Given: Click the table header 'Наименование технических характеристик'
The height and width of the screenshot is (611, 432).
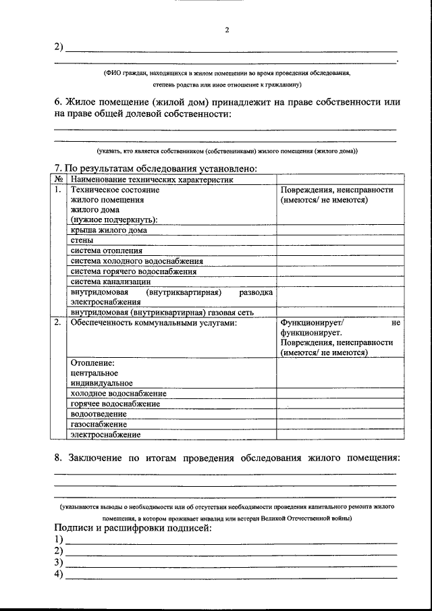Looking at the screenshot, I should pyautogui.click(x=151, y=180).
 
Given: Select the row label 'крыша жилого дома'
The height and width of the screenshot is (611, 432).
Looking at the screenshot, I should pyautogui.click(x=109, y=230).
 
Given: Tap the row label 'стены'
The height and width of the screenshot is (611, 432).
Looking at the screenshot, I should pyautogui.click(x=82, y=240).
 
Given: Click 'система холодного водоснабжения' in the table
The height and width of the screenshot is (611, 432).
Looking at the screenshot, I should pyautogui.click(x=136, y=261).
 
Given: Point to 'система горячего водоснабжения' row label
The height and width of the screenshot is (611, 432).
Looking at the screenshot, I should pyautogui.click(x=133, y=271).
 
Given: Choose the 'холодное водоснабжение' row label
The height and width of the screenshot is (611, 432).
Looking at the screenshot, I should pyautogui.click(x=118, y=393).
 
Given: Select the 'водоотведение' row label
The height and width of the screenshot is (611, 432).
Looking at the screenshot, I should pyautogui.click(x=98, y=413).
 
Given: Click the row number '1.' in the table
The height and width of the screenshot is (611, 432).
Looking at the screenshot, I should pyautogui.click(x=58, y=190).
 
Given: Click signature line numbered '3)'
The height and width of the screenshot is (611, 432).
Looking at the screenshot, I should pyautogui.click(x=230, y=562).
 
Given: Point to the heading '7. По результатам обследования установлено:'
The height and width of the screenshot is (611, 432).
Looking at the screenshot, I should pyautogui.click(x=155, y=168).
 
